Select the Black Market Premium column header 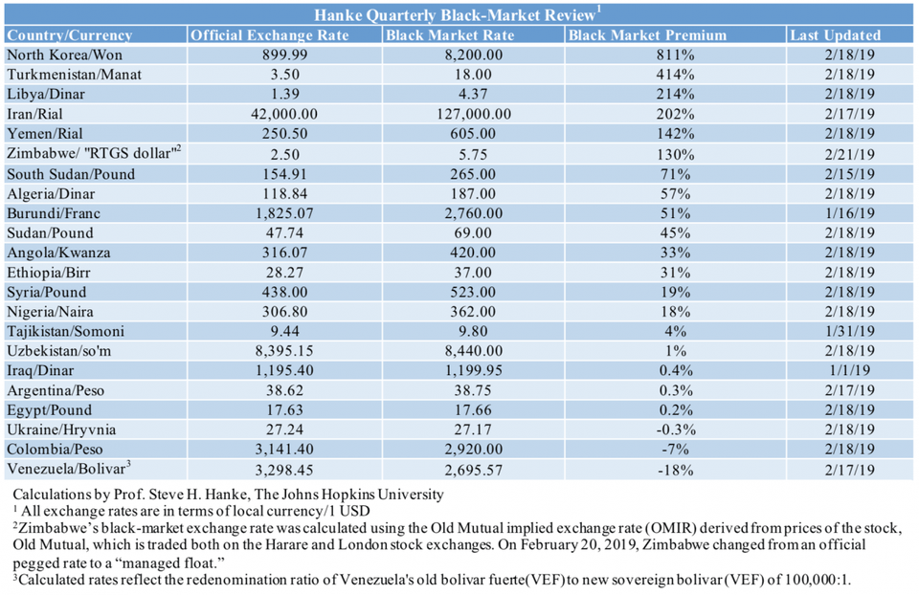pyautogui.click(x=646, y=35)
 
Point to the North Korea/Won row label pyautogui.click(x=64, y=55)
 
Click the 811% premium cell pyautogui.click(x=676, y=55)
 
